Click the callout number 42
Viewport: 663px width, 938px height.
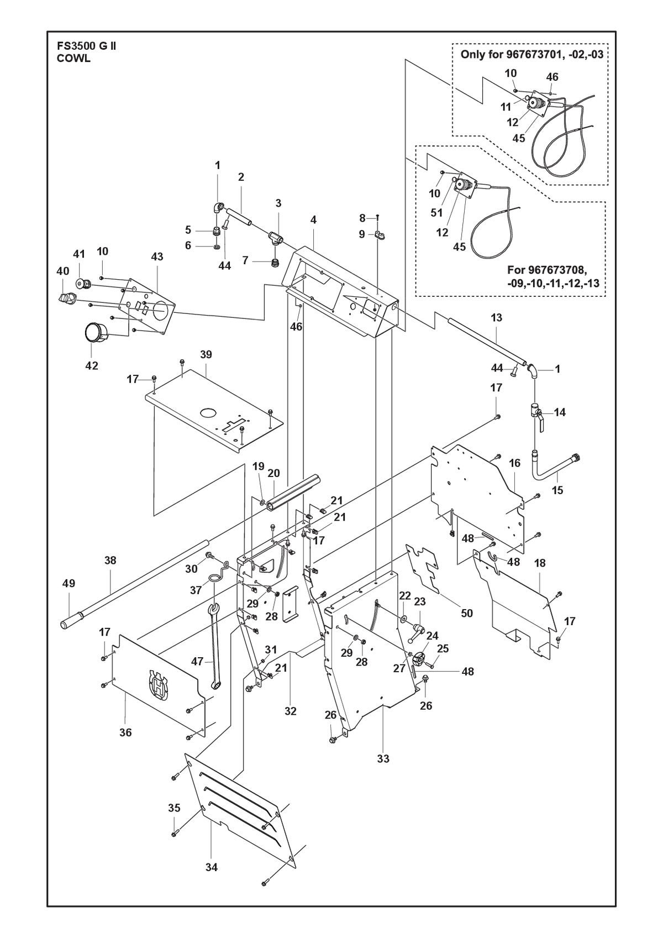click(x=92, y=365)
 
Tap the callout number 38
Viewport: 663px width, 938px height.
click(x=110, y=560)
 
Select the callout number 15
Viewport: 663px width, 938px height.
click(x=557, y=490)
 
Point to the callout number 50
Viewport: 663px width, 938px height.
click(x=466, y=613)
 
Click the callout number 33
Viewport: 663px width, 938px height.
click(x=383, y=758)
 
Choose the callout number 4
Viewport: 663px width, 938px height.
click(x=313, y=219)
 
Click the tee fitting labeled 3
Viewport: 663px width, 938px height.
click(x=276, y=238)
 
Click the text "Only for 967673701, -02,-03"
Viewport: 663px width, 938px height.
click(x=532, y=54)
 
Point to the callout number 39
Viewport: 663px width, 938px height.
click(x=206, y=354)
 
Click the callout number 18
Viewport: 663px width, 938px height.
click(x=540, y=563)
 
